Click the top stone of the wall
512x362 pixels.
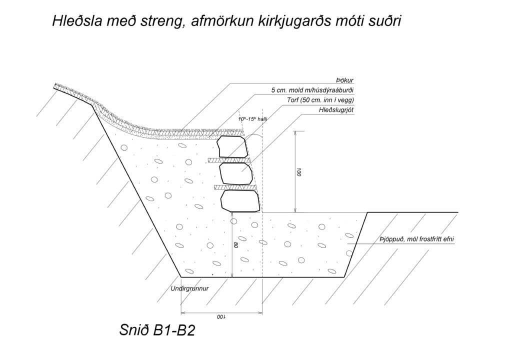point(232,146)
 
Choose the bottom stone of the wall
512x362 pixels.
point(240,201)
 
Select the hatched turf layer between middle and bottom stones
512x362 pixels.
point(235,187)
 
